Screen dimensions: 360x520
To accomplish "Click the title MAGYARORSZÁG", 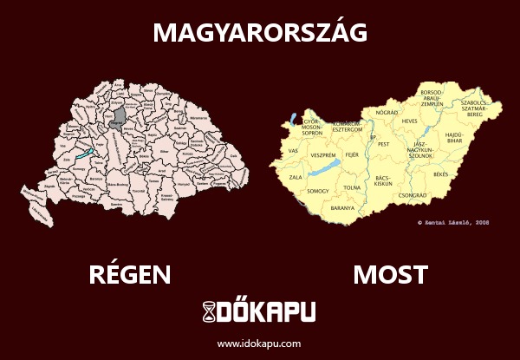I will pos(260,32).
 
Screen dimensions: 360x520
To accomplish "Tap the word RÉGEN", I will pos(129,275).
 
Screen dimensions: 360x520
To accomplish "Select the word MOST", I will pos(390,275).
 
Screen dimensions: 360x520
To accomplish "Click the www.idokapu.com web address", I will pos(259,344).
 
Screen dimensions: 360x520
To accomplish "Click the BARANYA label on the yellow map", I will pos(343,209).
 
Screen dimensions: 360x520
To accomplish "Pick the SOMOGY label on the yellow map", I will pos(318,190).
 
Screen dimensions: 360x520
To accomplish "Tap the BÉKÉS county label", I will pos(441,174).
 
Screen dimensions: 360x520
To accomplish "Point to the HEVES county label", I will pos(410,121).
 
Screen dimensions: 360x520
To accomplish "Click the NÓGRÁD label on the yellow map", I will pos(387,113).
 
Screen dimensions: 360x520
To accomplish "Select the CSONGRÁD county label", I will pos(412,196).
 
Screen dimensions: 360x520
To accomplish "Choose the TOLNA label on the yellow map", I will pos(353,187).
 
